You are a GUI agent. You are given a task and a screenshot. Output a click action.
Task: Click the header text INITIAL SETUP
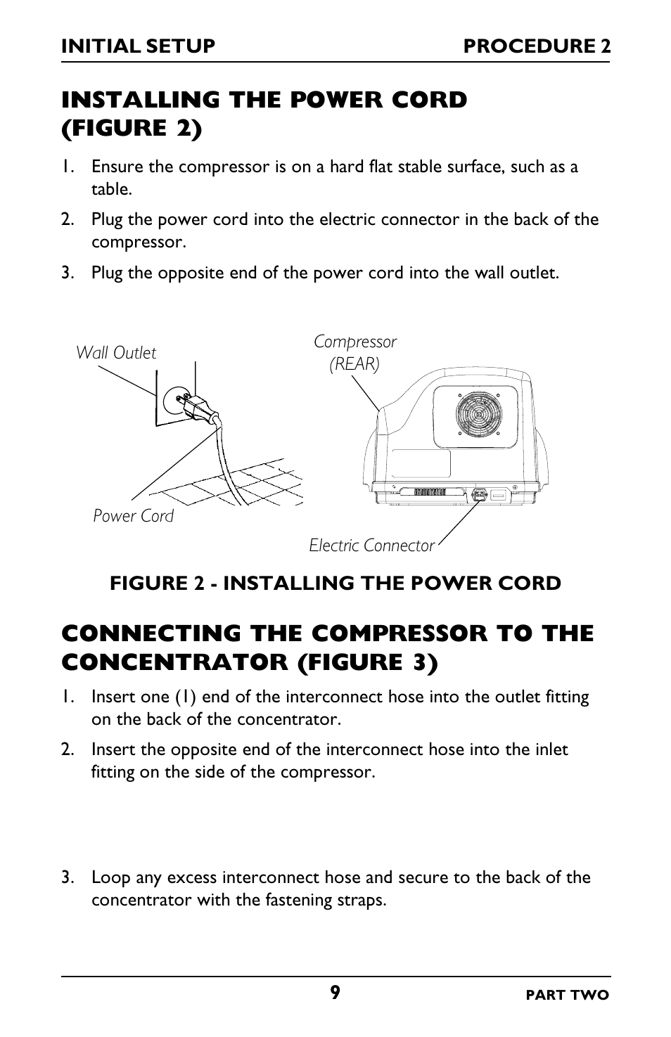[x=138, y=46]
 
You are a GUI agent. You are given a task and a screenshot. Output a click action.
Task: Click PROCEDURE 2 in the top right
[x=537, y=46]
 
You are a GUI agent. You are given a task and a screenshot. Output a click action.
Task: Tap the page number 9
[x=335, y=992]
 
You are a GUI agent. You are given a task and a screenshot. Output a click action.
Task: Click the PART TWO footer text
[x=568, y=996]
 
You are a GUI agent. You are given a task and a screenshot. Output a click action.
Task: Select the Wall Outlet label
[x=116, y=353]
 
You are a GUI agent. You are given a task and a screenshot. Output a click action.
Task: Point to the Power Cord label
[x=133, y=516]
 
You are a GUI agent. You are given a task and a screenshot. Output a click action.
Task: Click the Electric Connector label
[x=371, y=546]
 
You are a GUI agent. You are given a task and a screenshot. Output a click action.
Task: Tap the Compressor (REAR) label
[x=355, y=353]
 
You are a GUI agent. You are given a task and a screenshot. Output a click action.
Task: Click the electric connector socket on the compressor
[x=480, y=496]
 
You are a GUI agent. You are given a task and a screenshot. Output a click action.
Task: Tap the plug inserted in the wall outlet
[x=198, y=408]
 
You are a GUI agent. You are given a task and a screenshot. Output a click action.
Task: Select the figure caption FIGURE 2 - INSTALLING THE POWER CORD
[x=335, y=584]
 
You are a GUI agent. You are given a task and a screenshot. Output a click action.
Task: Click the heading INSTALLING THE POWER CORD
[x=264, y=101]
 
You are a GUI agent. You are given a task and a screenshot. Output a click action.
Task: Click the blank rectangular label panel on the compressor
[x=421, y=464]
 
